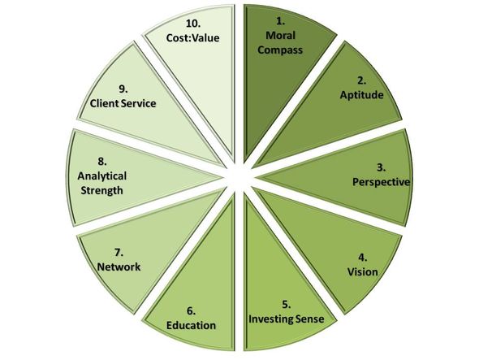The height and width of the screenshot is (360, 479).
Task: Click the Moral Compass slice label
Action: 280,42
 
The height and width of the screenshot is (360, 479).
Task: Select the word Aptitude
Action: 362,95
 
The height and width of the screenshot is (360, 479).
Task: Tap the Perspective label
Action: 381,182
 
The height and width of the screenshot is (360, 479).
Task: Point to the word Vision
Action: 363,271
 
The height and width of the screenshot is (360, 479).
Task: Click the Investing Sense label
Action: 287,319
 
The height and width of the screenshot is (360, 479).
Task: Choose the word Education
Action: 192,325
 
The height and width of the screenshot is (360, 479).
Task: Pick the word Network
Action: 119,267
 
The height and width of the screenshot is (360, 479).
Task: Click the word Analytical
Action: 102,176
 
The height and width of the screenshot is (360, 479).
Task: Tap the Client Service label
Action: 123,103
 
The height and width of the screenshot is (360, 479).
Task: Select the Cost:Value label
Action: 192,37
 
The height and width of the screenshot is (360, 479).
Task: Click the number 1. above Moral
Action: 280,21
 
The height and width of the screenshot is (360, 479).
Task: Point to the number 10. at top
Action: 193,24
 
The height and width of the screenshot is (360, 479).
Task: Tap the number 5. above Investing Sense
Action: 287,305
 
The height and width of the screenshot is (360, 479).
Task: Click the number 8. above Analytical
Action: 102,162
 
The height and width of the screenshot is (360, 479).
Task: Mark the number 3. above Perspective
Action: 381,167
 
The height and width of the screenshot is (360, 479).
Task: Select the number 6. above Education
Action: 192,311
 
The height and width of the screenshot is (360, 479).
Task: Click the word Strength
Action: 102,190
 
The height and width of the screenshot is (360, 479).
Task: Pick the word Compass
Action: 280,50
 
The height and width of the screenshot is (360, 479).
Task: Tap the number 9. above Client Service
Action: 123,89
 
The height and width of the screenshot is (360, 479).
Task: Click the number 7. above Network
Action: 119,253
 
